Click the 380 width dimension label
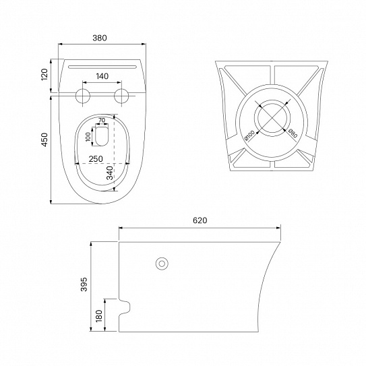tap(100, 38)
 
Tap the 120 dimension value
tap(44, 75)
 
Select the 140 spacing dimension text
tap(102, 76)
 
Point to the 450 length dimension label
tap(44, 140)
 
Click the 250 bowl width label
tap(96, 158)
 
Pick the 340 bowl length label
tap(110, 173)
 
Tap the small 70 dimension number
tap(102, 120)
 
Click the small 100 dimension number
tap(88, 137)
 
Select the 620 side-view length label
tap(200, 220)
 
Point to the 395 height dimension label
tap(84, 284)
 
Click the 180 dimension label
tap(99, 315)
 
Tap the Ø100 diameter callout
tap(249, 136)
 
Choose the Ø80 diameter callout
tap(293, 133)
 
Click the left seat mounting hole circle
tap(83, 96)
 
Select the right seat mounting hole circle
tap(121, 96)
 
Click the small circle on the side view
tap(162, 264)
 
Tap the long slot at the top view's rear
tap(102, 67)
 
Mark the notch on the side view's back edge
tap(125, 307)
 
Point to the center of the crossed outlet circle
tap(272, 118)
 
